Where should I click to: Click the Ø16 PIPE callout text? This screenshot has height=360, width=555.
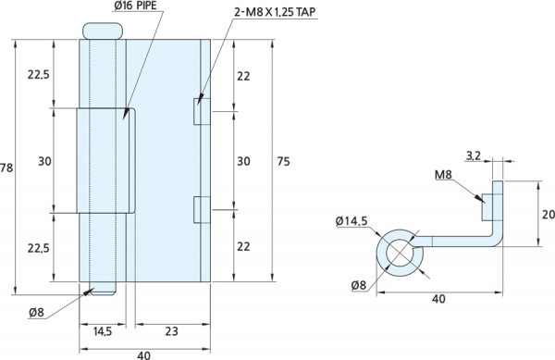point(135,6)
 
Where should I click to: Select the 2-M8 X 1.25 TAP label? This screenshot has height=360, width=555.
point(275,12)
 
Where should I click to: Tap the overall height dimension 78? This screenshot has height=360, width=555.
point(6,168)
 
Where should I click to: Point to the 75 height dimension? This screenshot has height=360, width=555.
point(283,161)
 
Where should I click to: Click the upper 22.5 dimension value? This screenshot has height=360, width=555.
point(39,75)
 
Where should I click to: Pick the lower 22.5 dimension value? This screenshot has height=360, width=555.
point(39,248)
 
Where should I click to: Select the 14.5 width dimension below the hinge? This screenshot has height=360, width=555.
point(103,331)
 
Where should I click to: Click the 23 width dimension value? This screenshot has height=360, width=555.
point(172,331)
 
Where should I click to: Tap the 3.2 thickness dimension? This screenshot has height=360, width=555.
point(474,155)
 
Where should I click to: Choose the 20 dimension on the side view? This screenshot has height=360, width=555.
point(549,215)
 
